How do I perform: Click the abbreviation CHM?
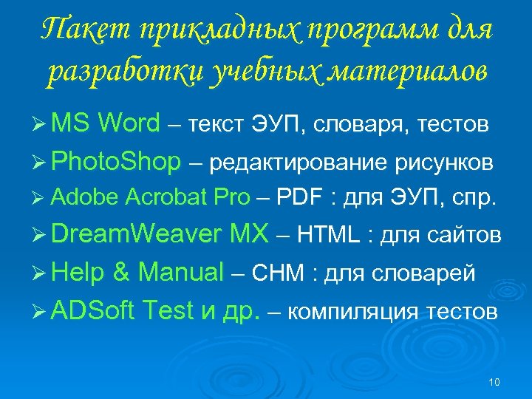tap(278, 273)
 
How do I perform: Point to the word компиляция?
tap(347, 312)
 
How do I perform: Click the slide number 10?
tap(494, 382)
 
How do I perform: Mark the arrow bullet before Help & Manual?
tap(41, 273)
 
